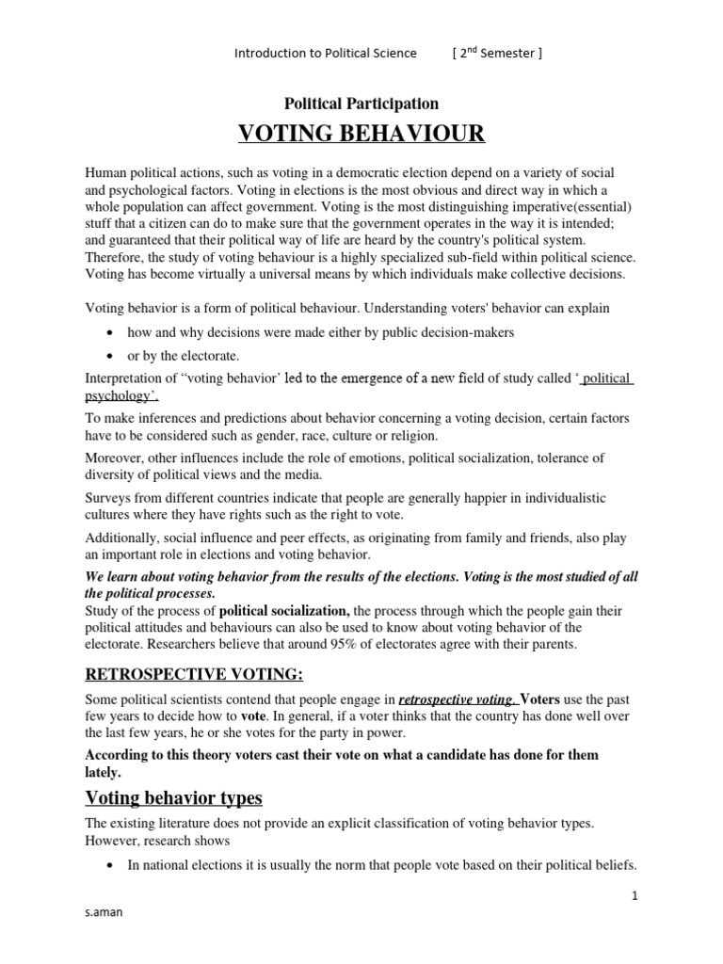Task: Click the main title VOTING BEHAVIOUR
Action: (x=361, y=135)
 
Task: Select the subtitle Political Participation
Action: (x=361, y=104)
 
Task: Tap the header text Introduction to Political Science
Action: (x=325, y=53)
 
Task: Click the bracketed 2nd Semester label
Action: (x=497, y=53)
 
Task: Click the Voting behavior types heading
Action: (x=173, y=798)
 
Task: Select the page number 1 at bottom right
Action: (x=635, y=897)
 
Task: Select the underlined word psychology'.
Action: (x=119, y=395)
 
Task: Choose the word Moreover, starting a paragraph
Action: (x=115, y=458)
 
